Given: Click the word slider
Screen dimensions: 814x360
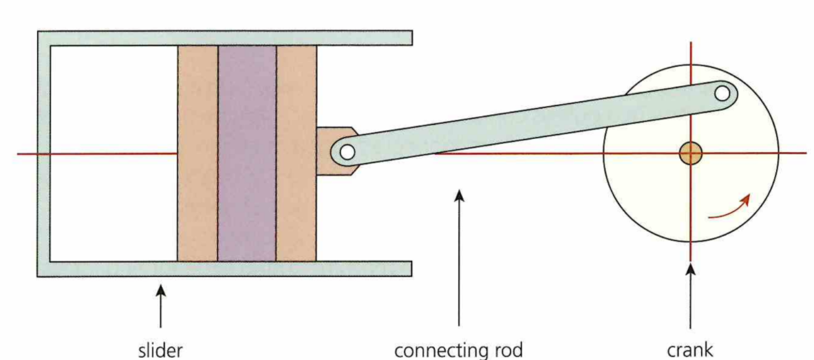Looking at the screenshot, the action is (x=160, y=350).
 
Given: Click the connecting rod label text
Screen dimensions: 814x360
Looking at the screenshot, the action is (x=458, y=350).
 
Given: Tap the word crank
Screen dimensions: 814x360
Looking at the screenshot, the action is (x=690, y=350).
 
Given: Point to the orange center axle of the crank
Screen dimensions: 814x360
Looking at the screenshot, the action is (x=690, y=153).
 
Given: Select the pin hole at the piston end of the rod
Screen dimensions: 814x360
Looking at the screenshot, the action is (x=347, y=151).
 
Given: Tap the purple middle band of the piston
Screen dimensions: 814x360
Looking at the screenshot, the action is (x=247, y=153).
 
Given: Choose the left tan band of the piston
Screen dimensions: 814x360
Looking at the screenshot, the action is (x=197, y=153).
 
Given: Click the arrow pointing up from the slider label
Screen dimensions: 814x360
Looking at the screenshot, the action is (x=160, y=306).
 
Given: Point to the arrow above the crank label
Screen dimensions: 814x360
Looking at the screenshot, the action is (x=690, y=296).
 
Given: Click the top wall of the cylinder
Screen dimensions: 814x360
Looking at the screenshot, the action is (x=227, y=38).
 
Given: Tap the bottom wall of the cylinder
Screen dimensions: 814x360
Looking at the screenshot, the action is (x=227, y=268).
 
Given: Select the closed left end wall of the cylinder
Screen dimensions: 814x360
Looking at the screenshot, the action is (x=44, y=153).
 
